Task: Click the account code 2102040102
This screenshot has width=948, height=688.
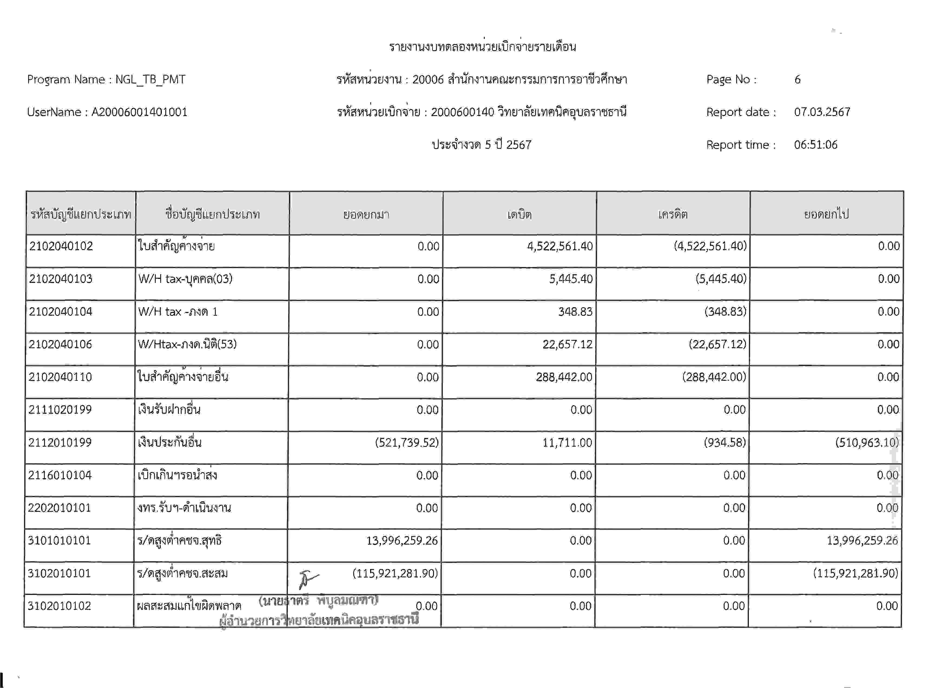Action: [61, 246]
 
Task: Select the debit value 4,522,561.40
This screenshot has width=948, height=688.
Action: [560, 246]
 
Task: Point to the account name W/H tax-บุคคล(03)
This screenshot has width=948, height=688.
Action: [185, 279]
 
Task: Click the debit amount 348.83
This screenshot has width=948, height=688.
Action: [575, 312]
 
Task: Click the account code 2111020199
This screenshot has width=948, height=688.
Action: [60, 410]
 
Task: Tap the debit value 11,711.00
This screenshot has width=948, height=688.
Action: [567, 442]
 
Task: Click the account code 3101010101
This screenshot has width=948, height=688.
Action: [59, 541]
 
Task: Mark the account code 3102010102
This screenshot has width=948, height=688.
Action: [59, 606]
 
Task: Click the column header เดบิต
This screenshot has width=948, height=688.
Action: [519, 214]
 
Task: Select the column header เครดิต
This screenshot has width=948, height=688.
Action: [673, 214]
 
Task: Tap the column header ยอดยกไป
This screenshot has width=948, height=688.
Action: [826, 214]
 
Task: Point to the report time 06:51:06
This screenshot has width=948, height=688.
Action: [815, 144]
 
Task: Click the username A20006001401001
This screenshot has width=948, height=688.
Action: [139, 112]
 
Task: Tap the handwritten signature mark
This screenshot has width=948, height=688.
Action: [308, 579]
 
